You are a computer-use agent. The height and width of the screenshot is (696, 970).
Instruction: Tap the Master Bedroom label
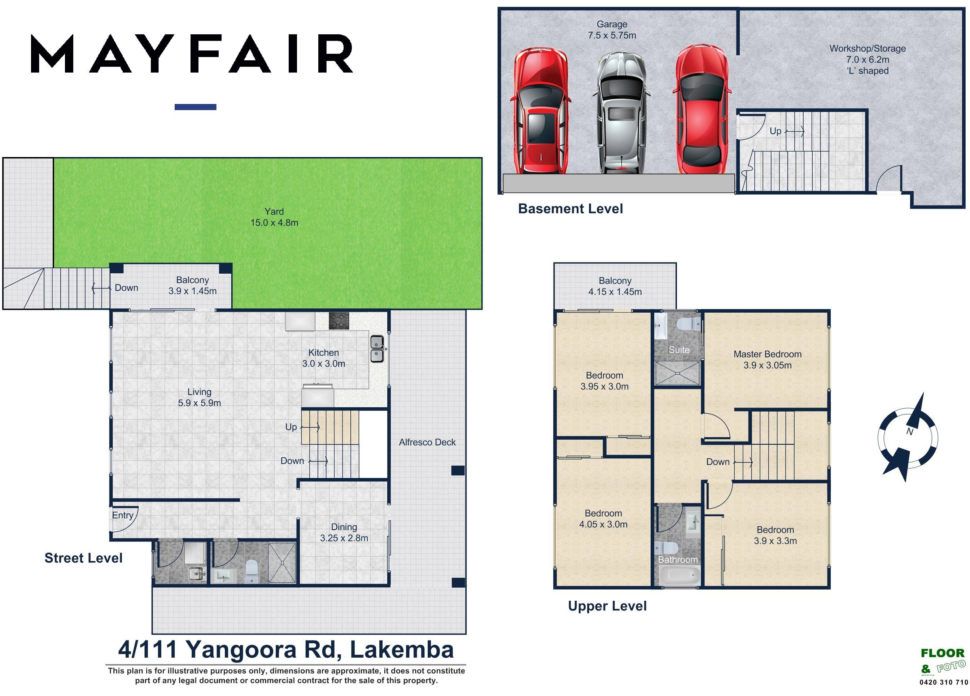point(767,354)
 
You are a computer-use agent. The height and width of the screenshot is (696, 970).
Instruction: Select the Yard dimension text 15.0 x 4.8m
point(274,222)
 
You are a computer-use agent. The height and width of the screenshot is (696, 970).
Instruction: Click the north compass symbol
point(908,437)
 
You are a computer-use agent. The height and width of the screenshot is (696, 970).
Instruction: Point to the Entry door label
point(123,515)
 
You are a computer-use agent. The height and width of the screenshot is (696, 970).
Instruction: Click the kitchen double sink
point(377,349)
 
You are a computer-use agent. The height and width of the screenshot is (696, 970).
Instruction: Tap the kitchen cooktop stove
point(339,321)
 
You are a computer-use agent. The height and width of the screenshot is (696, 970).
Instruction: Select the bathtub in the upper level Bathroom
point(677,576)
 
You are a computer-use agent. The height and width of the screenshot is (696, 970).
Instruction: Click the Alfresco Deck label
point(427,442)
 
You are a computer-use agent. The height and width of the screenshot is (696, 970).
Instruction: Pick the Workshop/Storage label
point(868,49)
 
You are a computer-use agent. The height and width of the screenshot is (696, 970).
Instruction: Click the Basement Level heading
point(570,209)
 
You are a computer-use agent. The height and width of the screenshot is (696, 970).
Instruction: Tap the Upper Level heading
point(607,606)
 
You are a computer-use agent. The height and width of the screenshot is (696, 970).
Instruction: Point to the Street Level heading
point(83,558)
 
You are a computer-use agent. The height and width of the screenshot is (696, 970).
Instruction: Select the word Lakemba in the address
point(402,650)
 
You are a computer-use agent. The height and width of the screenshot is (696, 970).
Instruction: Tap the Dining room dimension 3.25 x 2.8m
point(344,538)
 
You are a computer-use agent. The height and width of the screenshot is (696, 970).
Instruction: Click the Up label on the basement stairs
point(775,131)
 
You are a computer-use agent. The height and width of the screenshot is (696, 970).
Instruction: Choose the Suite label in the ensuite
point(679,350)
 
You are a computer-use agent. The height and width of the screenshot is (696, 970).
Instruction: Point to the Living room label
point(199,392)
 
